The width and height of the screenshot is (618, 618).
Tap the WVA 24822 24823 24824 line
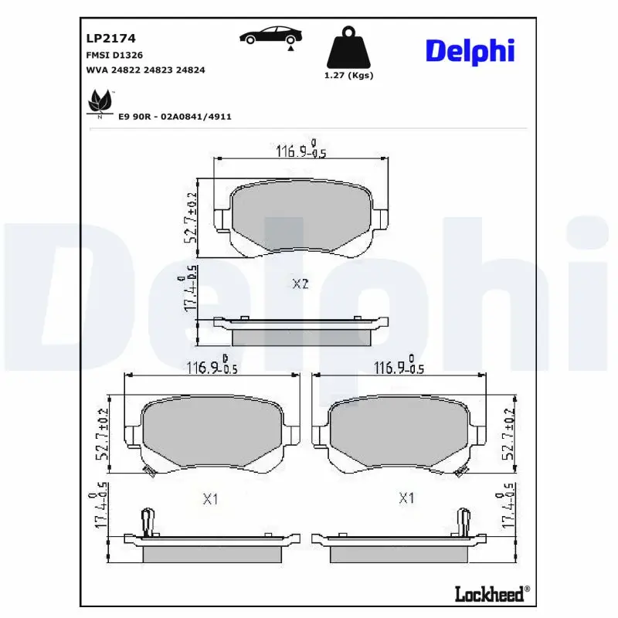click(144, 70)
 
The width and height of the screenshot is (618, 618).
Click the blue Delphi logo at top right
click(469, 51)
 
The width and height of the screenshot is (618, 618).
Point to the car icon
click(270, 36)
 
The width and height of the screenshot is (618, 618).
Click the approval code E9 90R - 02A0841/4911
click(175, 116)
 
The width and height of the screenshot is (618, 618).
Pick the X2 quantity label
click(301, 284)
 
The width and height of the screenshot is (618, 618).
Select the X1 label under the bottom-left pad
click(210, 500)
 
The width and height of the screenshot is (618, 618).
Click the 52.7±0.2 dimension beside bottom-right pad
click(508, 435)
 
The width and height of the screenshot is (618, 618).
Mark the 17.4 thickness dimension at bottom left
click(99, 508)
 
